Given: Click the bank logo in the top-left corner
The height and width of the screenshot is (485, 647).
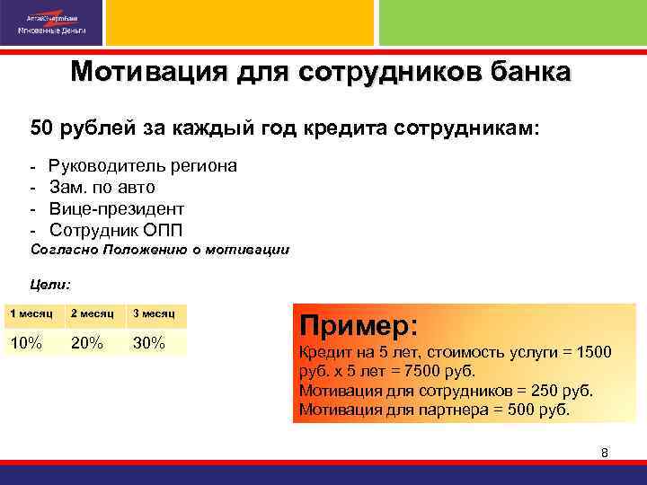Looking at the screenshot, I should point(53,22).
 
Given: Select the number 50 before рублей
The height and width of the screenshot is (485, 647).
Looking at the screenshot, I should point(41,128).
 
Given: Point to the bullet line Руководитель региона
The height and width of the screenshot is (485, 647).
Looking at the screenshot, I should point(143,166).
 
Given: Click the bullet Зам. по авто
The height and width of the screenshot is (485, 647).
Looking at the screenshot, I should point(102,187).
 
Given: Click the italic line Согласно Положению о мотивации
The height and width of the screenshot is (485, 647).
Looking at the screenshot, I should point(160,249).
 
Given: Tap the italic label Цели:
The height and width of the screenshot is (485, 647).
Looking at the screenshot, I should point(50,284).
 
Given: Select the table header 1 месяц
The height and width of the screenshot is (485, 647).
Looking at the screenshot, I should point(31,314).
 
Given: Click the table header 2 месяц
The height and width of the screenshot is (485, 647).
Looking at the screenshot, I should point(92,314).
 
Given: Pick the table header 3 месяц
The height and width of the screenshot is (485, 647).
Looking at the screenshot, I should point(155,314).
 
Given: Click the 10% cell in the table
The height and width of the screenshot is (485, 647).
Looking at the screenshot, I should point(25,343).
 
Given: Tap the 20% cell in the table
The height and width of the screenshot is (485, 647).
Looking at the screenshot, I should point(86,343).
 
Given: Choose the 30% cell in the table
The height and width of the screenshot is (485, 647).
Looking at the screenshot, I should point(149,343).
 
